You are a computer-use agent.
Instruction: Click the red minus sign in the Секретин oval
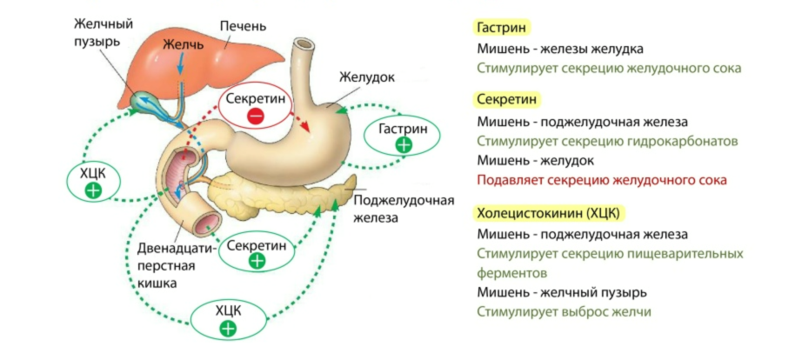(x=256, y=117)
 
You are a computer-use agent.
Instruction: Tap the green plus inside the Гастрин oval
(x=404, y=145)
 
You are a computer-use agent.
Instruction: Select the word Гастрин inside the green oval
(x=404, y=128)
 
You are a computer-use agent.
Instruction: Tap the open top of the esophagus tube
(x=306, y=44)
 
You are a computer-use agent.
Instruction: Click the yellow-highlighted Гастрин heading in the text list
(x=502, y=28)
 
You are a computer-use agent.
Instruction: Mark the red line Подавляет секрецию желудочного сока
(x=601, y=180)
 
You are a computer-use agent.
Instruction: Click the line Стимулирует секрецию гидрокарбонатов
(x=606, y=141)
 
